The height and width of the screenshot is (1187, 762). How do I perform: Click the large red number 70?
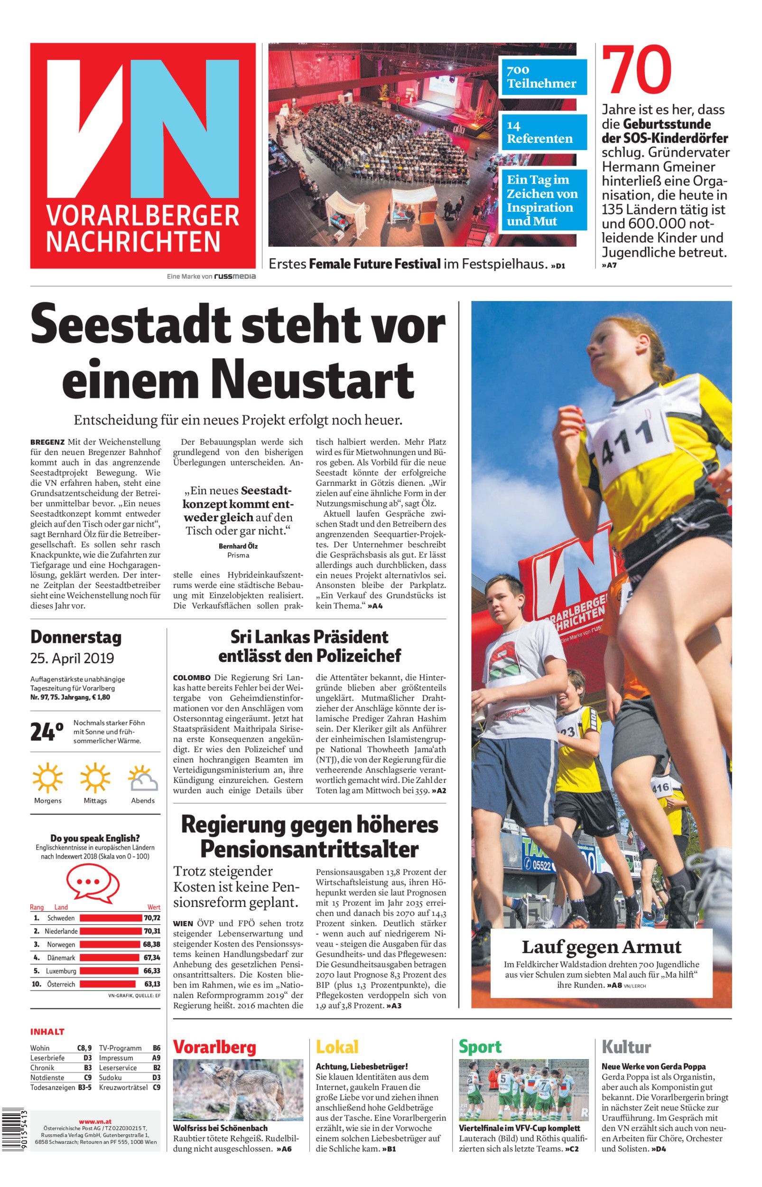click(x=637, y=70)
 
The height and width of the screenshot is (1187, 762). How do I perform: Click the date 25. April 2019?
click(x=72, y=659)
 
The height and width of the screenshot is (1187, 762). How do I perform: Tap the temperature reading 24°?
click(x=46, y=732)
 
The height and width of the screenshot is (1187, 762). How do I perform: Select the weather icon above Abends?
click(x=142, y=778)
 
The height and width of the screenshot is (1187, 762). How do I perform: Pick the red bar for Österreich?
click(x=108, y=984)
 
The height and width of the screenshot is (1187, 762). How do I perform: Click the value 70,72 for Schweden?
click(x=152, y=917)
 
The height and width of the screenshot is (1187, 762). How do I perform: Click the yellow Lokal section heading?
click(x=337, y=1047)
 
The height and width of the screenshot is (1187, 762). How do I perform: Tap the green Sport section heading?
click(x=480, y=1047)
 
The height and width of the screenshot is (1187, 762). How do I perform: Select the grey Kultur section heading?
click(x=626, y=1047)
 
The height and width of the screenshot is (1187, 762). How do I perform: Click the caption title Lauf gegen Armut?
click(x=601, y=947)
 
